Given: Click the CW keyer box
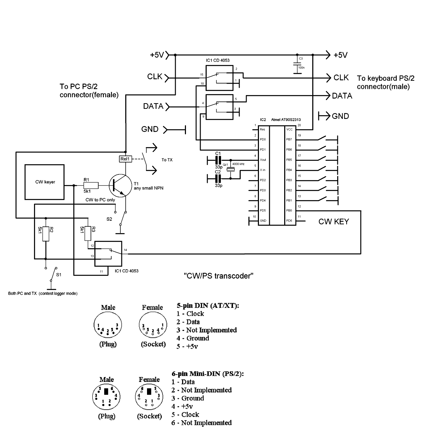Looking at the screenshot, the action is pos(45,182).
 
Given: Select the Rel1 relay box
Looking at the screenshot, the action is pos(125,159).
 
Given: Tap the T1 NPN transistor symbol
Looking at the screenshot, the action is pos(120,185).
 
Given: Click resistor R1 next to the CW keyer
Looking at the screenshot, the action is pos(91,185).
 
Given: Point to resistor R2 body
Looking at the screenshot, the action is pos(46,234).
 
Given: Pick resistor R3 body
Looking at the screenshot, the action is pos(88,233).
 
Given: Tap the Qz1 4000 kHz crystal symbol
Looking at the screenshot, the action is pos(231,169).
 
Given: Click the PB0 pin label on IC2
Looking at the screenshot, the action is pos(289,210).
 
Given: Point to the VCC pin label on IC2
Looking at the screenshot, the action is pos(289,130).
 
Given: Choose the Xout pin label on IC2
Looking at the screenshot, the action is pos(263,160).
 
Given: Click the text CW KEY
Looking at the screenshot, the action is pos(334,221).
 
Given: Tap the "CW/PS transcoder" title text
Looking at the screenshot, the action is pos(219,276).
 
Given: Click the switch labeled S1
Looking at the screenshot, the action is pos(53,274).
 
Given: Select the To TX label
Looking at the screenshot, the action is pos(167,160).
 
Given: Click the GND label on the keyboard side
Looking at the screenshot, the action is pos(340,116).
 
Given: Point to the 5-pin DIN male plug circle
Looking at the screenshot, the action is pos(108,325).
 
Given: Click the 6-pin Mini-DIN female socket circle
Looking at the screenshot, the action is pos(149,397).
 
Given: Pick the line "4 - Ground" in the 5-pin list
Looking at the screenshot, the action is pos(193,338).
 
